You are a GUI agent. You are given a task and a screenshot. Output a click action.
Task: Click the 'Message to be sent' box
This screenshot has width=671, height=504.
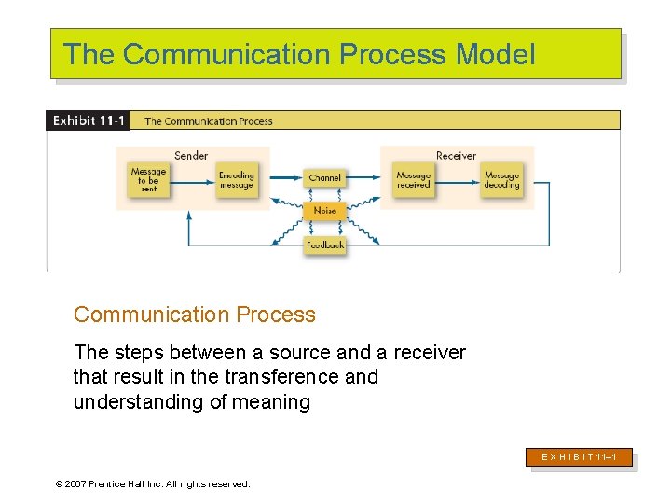(x=148, y=180)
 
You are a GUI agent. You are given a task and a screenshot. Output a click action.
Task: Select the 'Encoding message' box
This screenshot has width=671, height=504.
(x=236, y=180)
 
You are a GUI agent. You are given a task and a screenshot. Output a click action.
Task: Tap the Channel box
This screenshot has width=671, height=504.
(x=324, y=177)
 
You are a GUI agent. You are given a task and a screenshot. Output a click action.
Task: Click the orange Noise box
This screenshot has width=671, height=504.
(x=324, y=211)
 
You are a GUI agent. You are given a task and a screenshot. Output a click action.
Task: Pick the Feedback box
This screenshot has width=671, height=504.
(x=324, y=245)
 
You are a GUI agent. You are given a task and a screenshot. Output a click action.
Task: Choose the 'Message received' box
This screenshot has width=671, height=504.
(x=413, y=180)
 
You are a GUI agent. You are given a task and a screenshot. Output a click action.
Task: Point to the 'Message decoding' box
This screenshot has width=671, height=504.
(x=501, y=180)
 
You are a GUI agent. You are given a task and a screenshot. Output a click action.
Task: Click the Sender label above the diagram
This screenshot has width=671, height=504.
(x=191, y=156)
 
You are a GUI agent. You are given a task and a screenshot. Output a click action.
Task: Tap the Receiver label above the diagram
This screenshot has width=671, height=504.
(x=456, y=156)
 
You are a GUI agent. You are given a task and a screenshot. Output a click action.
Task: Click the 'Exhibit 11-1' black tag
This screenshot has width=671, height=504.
(x=89, y=120)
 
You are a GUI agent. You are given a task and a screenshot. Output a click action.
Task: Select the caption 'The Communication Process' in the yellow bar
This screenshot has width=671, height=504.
(x=209, y=121)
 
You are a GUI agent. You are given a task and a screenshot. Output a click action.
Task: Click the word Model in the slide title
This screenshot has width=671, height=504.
(x=496, y=54)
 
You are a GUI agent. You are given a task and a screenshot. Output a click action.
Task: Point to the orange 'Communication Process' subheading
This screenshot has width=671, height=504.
(x=195, y=315)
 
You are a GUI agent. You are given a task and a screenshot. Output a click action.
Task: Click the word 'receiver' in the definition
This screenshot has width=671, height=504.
(x=430, y=352)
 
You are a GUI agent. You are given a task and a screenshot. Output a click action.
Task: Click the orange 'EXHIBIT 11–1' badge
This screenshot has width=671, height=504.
(x=580, y=457)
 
